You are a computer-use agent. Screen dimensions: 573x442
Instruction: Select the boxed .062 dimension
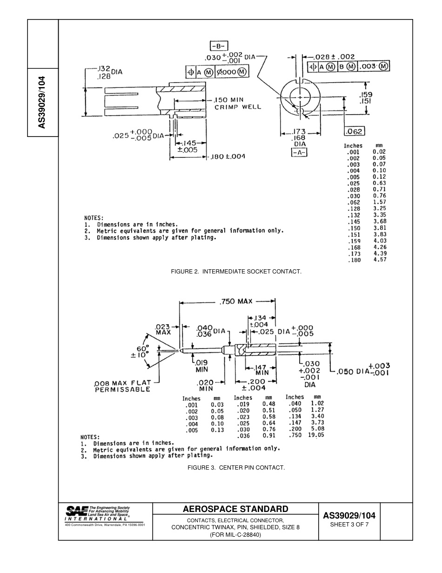[355, 131]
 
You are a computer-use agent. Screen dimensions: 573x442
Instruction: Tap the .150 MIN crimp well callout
[237, 103]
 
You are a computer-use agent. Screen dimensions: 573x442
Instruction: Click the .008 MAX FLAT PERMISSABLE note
[123, 386]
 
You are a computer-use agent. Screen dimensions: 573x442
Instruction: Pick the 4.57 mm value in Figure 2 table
[379, 260]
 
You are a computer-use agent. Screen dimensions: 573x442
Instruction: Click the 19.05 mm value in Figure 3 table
[316, 435]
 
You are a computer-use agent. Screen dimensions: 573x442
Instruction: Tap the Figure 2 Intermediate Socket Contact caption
[236, 271]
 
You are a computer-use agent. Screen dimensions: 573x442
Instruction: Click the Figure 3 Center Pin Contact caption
[236, 467]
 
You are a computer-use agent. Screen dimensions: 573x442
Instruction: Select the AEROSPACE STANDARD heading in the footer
[235, 509]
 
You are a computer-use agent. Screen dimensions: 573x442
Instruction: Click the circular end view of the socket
[301, 97]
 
